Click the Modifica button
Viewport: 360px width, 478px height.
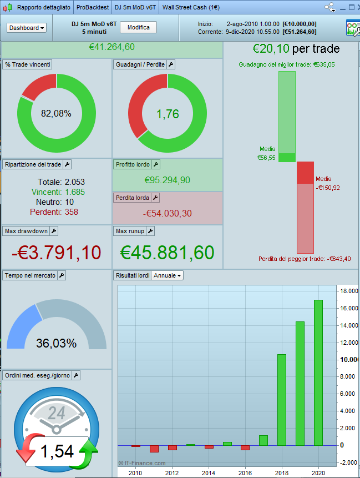click(138, 28)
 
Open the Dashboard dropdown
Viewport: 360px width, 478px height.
click(27, 28)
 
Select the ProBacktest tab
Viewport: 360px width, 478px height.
click(93, 8)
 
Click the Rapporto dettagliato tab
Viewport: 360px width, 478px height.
click(43, 8)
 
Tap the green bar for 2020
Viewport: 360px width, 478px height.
click(318, 372)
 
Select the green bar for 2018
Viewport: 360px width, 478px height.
click(281, 399)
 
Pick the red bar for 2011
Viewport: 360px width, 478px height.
click(154, 449)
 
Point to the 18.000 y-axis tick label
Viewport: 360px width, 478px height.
click(348, 291)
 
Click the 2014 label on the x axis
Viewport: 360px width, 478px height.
click(208, 472)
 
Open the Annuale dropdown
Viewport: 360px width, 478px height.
click(168, 275)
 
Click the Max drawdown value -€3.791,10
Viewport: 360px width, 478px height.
click(57, 253)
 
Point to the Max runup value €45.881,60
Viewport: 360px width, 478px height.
click(168, 253)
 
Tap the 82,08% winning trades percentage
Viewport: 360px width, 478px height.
click(56, 113)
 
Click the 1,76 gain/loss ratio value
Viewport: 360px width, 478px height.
click(168, 114)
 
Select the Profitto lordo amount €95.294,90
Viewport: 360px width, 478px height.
click(168, 180)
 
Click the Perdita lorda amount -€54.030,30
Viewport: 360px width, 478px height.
click(168, 213)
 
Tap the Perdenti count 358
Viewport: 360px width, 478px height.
click(72, 212)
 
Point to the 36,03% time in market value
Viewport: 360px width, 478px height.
click(56, 343)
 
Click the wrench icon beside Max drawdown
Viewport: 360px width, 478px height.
click(54, 231)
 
